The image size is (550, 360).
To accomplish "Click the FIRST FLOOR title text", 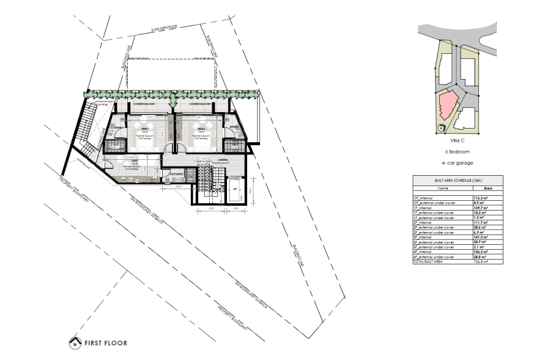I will click(105, 343).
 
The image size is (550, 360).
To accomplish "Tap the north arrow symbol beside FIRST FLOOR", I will click(75, 343).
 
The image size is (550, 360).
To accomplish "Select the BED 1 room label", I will click(146, 129).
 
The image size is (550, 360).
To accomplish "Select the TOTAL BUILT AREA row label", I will click(429, 261).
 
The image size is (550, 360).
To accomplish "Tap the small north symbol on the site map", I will click(439, 129).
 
